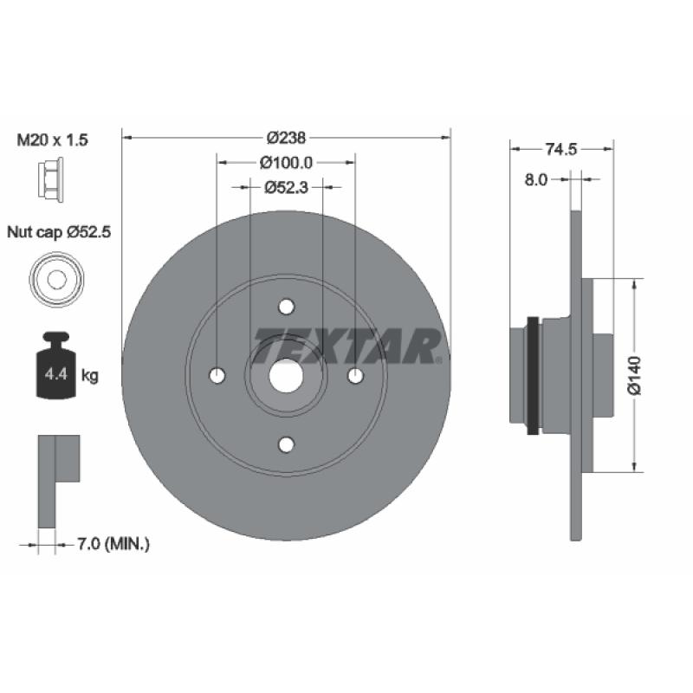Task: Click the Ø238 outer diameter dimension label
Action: tap(286, 138)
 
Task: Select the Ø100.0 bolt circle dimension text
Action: tap(286, 163)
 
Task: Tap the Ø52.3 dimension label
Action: tap(286, 188)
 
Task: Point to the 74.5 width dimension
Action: tap(560, 149)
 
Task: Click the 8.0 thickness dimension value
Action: tap(535, 180)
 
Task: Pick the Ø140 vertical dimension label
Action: tap(634, 375)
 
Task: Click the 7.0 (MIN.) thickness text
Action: tap(113, 544)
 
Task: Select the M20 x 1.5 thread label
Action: tap(52, 139)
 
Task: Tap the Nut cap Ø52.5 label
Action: tap(59, 231)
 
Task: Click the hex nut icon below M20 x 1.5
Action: tap(50, 179)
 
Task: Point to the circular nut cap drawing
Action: tap(56, 279)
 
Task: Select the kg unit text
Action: tap(90, 376)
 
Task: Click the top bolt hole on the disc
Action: tap(287, 307)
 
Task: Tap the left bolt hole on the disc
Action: tap(217, 376)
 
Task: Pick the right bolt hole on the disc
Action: tap(355, 376)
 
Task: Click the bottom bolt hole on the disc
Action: tap(287, 444)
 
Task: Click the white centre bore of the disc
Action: tap(286, 376)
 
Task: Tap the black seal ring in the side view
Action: tap(534, 375)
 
